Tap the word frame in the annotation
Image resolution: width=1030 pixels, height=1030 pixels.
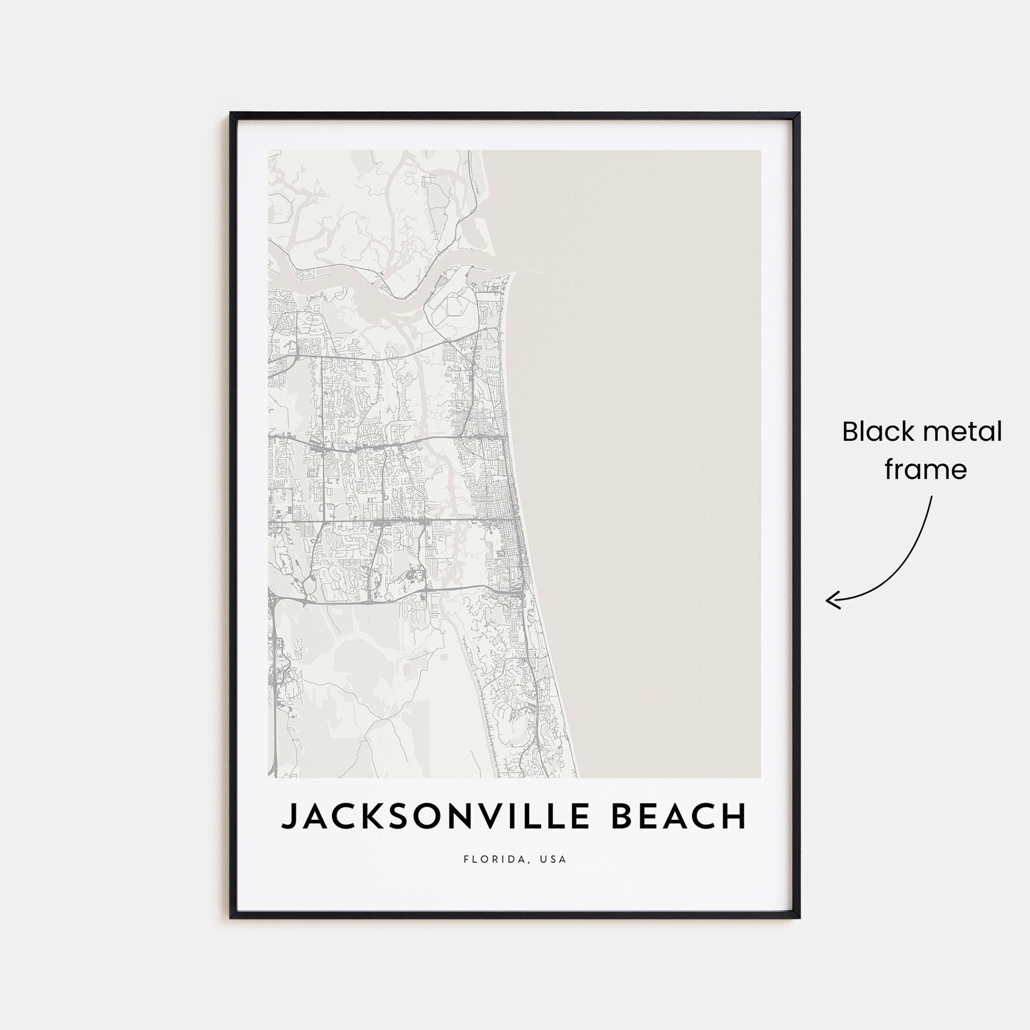926,470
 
